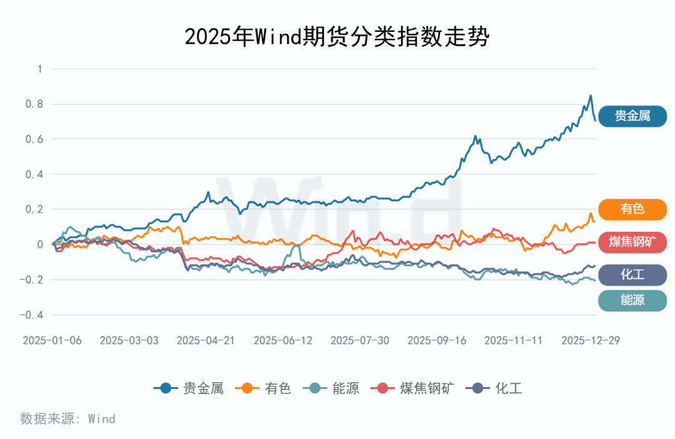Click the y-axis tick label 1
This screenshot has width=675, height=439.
[x=39, y=69]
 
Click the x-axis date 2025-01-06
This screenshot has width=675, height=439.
[x=52, y=340]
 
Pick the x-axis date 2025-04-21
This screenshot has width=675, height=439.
[x=206, y=340]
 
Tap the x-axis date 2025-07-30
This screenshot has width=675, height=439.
[x=359, y=340]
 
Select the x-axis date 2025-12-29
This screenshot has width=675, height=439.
[x=591, y=340]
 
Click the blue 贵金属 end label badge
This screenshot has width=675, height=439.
[x=632, y=116]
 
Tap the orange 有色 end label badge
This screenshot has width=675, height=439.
[x=632, y=209]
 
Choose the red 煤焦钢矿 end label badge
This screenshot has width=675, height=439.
[x=632, y=242]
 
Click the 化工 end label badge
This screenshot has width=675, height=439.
[x=632, y=274]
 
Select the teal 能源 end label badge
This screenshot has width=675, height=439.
[x=632, y=300]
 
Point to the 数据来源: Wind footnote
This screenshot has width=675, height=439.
[x=67, y=418]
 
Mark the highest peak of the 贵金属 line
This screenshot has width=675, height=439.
[x=591, y=96]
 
